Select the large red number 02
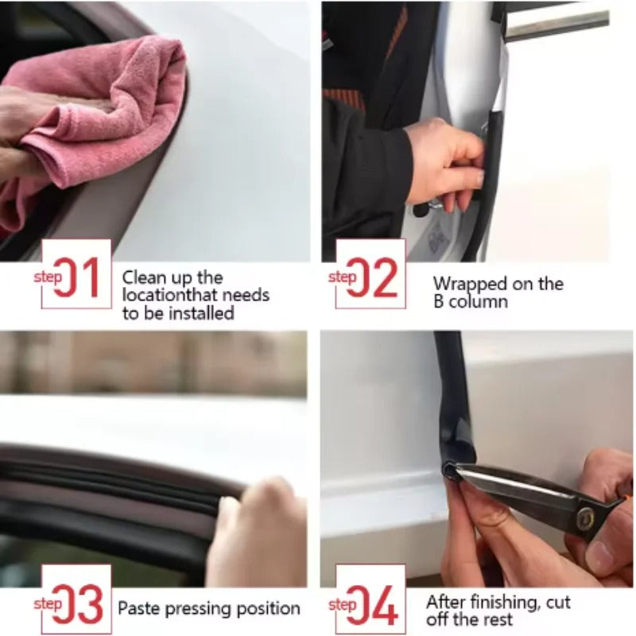(x=371, y=277)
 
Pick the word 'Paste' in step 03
(x=139, y=609)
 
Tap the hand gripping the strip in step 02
(x=445, y=163)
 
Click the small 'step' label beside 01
(x=48, y=276)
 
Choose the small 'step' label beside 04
(x=342, y=605)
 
